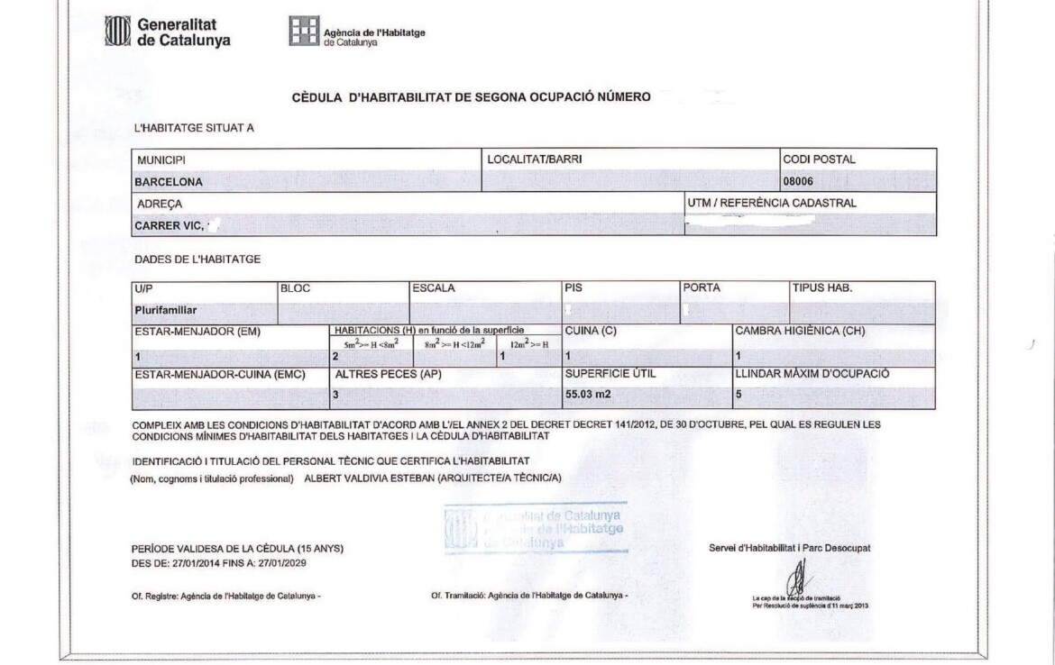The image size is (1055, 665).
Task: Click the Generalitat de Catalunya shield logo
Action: (x=119, y=32)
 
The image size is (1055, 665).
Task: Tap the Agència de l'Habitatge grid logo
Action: (x=304, y=32)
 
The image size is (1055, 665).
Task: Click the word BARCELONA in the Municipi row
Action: (x=169, y=181)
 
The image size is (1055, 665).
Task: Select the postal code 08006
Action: (x=799, y=181)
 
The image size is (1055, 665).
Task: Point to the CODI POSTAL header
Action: (x=819, y=159)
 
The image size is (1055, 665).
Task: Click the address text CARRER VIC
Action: (x=168, y=225)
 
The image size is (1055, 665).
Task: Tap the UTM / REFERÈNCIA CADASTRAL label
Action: (x=771, y=204)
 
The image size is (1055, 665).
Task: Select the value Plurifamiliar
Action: (x=165, y=310)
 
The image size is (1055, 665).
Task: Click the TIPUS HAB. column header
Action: (x=821, y=288)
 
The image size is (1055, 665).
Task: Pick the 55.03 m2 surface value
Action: (x=589, y=395)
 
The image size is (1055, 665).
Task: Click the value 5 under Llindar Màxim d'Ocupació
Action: (x=738, y=395)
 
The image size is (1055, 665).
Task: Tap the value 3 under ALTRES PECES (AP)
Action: (x=336, y=395)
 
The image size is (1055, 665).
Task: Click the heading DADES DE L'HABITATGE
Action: (x=197, y=260)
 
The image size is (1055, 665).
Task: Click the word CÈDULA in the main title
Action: (x=315, y=97)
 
